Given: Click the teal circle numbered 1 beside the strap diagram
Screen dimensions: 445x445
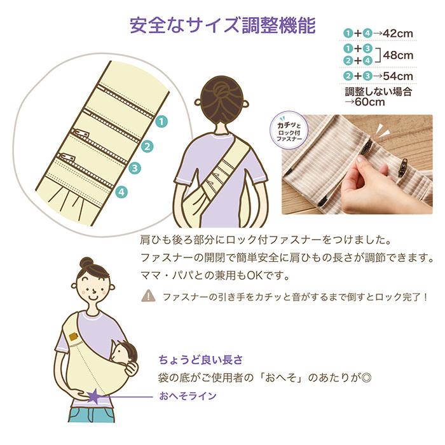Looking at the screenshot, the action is coord(161,122).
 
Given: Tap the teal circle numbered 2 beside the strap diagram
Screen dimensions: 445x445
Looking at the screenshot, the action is coord(147,146).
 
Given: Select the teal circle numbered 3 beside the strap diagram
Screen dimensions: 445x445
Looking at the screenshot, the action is coord(135,168).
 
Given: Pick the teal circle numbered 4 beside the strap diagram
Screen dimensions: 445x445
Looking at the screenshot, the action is coord(121,192).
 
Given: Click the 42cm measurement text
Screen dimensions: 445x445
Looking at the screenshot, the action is coord(397,34).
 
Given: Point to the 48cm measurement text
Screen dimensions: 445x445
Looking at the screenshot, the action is coord(398,55).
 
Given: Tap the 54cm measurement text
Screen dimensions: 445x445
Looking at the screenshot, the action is coord(398,76).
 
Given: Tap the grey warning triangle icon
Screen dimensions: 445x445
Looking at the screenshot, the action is coord(148,296).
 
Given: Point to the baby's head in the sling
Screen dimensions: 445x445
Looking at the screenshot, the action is coord(125,353).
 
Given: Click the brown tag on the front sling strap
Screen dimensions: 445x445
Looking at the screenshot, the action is coord(73,336).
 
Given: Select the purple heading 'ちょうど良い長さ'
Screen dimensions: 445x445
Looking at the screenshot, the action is coord(201,360).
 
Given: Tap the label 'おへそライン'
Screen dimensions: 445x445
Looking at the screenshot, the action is coord(188,395).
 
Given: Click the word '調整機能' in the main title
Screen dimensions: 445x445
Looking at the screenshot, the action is coord(278,25).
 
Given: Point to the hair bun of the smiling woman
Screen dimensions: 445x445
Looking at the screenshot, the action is coord(87,263).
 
